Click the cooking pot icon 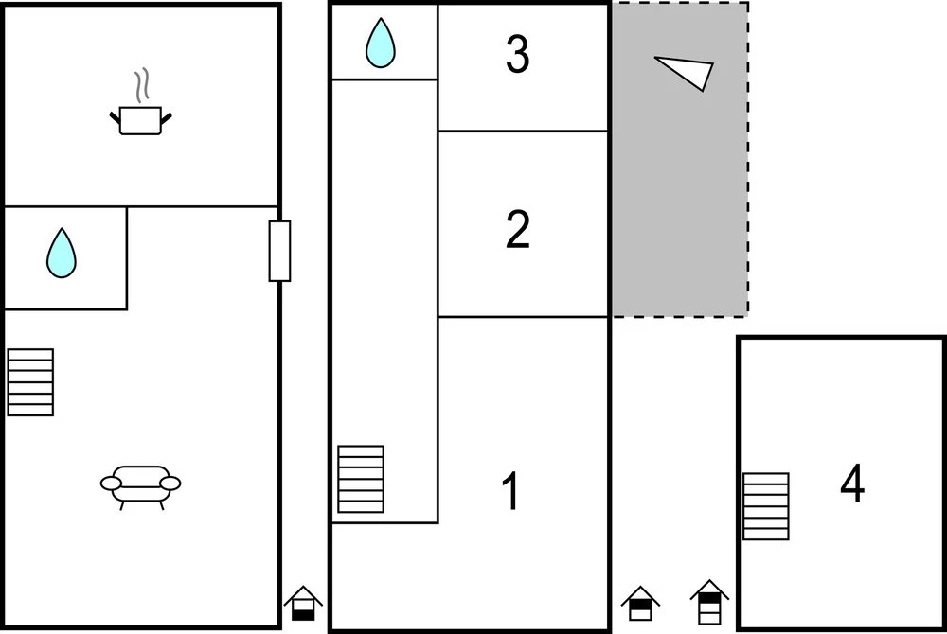pos(140,120)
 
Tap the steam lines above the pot pos(142,86)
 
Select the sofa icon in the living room pos(140,487)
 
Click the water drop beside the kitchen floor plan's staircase pos(62,253)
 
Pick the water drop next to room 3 pos(381,43)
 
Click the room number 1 pos(511,491)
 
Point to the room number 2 pos(518,229)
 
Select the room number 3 pos(518,54)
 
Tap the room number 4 pos(852,483)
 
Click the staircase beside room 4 pos(766,506)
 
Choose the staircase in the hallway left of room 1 pos(361,479)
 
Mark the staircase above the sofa pos(30,382)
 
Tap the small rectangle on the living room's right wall pos(279,251)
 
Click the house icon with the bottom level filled pos(303,603)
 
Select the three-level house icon pos(709,602)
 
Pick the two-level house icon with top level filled pos(640,603)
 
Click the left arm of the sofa pos(111,484)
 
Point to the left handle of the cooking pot pos(115,117)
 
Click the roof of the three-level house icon pos(709,588)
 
